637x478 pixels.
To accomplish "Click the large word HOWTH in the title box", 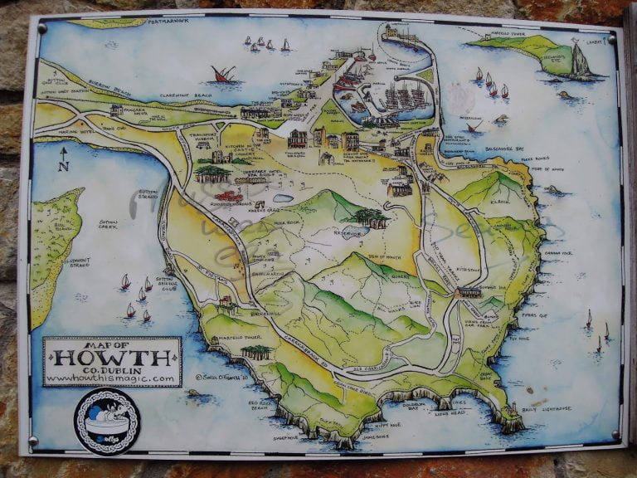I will click(111, 358).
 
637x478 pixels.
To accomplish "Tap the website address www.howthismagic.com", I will click(110, 378).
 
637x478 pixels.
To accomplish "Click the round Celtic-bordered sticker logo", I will click(106, 422).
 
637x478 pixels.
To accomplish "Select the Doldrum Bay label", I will click(412, 406).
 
